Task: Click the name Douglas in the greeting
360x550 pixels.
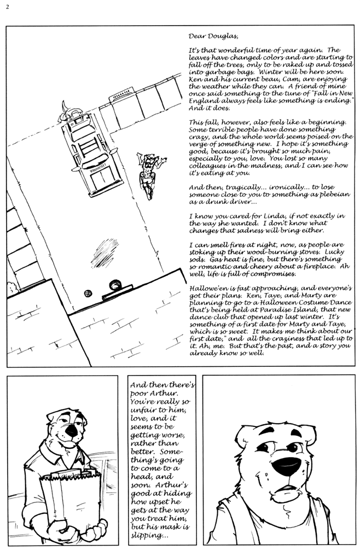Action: [x=222, y=37]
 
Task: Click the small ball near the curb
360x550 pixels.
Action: [x=88, y=294]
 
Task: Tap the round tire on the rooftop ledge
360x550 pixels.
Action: [x=115, y=284]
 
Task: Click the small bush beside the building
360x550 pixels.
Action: [x=11, y=286]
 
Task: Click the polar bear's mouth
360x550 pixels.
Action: [x=286, y=488]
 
